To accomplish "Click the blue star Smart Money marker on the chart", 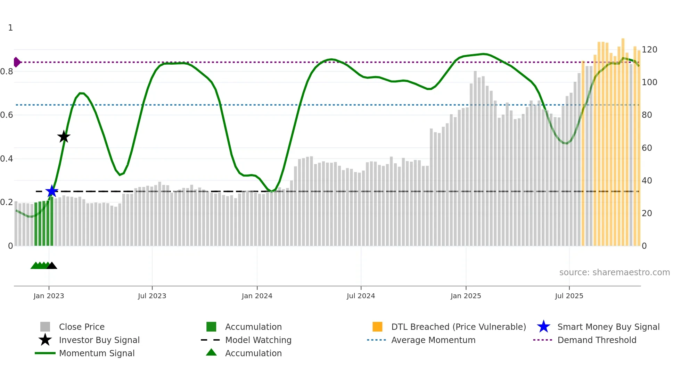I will tap(52, 191).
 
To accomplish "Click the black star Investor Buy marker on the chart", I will tap(64, 137).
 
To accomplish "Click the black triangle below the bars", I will tap(52, 266).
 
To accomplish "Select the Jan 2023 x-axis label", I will tap(49, 296).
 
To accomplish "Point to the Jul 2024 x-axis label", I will tap(361, 296).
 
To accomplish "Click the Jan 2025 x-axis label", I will tap(466, 296).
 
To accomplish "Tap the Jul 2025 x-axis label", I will tap(569, 296).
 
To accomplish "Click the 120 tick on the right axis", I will tap(649, 50).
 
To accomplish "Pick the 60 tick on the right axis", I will tap(647, 148).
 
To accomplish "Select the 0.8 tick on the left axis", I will tap(7, 72).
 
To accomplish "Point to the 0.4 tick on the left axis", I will tap(7, 159).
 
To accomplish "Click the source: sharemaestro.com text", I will tap(614, 272).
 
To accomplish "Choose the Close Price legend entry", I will tap(82, 327).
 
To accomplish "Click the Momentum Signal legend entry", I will tap(97, 353).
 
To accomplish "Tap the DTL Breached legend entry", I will tap(458, 327).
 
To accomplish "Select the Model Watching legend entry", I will tap(258, 340).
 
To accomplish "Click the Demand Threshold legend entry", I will tap(597, 340).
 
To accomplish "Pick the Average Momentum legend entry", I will tap(433, 340).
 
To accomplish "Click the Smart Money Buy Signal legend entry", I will tap(608, 327).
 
